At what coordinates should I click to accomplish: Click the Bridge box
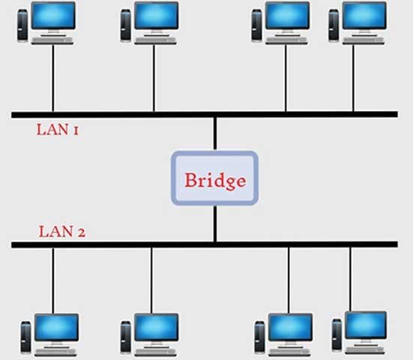click(x=214, y=178)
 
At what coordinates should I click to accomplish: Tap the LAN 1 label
click(x=58, y=130)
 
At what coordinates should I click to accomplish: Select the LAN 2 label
click(x=61, y=232)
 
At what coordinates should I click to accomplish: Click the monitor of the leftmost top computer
click(x=53, y=16)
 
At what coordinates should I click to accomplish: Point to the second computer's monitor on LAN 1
click(x=156, y=16)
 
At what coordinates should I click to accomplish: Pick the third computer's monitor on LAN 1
click(x=287, y=16)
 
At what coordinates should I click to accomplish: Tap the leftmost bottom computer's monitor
click(x=55, y=328)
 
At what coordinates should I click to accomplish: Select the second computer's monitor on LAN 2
click(x=156, y=328)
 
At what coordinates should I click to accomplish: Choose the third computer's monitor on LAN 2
click(x=289, y=328)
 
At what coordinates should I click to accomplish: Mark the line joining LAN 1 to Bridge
click(x=214, y=133)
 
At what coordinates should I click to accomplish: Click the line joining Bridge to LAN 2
click(x=214, y=223)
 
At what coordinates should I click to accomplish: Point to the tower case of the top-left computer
click(x=22, y=26)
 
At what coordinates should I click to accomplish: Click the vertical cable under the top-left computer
click(x=52, y=79)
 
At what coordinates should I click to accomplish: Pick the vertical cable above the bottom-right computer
click(x=350, y=277)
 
